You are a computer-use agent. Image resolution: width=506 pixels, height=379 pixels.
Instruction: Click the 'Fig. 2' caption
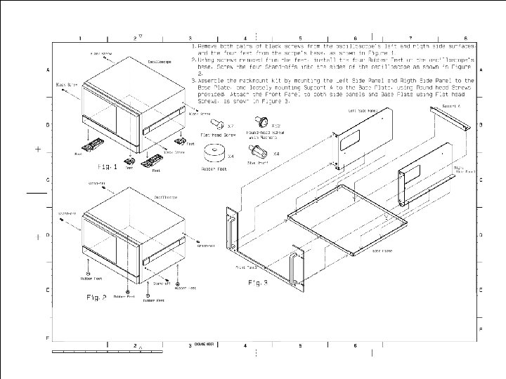(96, 298)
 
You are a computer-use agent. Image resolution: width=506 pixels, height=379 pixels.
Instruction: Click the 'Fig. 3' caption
(259, 283)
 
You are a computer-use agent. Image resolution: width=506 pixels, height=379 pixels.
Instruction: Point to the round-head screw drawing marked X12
(259, 121)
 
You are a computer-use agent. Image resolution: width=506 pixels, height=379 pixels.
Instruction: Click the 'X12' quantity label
(276, 126)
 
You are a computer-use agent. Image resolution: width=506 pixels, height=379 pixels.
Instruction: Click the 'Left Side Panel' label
(357, 111)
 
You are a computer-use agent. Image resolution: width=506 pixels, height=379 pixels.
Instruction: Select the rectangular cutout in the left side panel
(349, 145)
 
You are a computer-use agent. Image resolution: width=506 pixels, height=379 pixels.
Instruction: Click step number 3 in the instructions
(193, 81)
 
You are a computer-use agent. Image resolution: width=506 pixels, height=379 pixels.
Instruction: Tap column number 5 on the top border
(300, 38)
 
